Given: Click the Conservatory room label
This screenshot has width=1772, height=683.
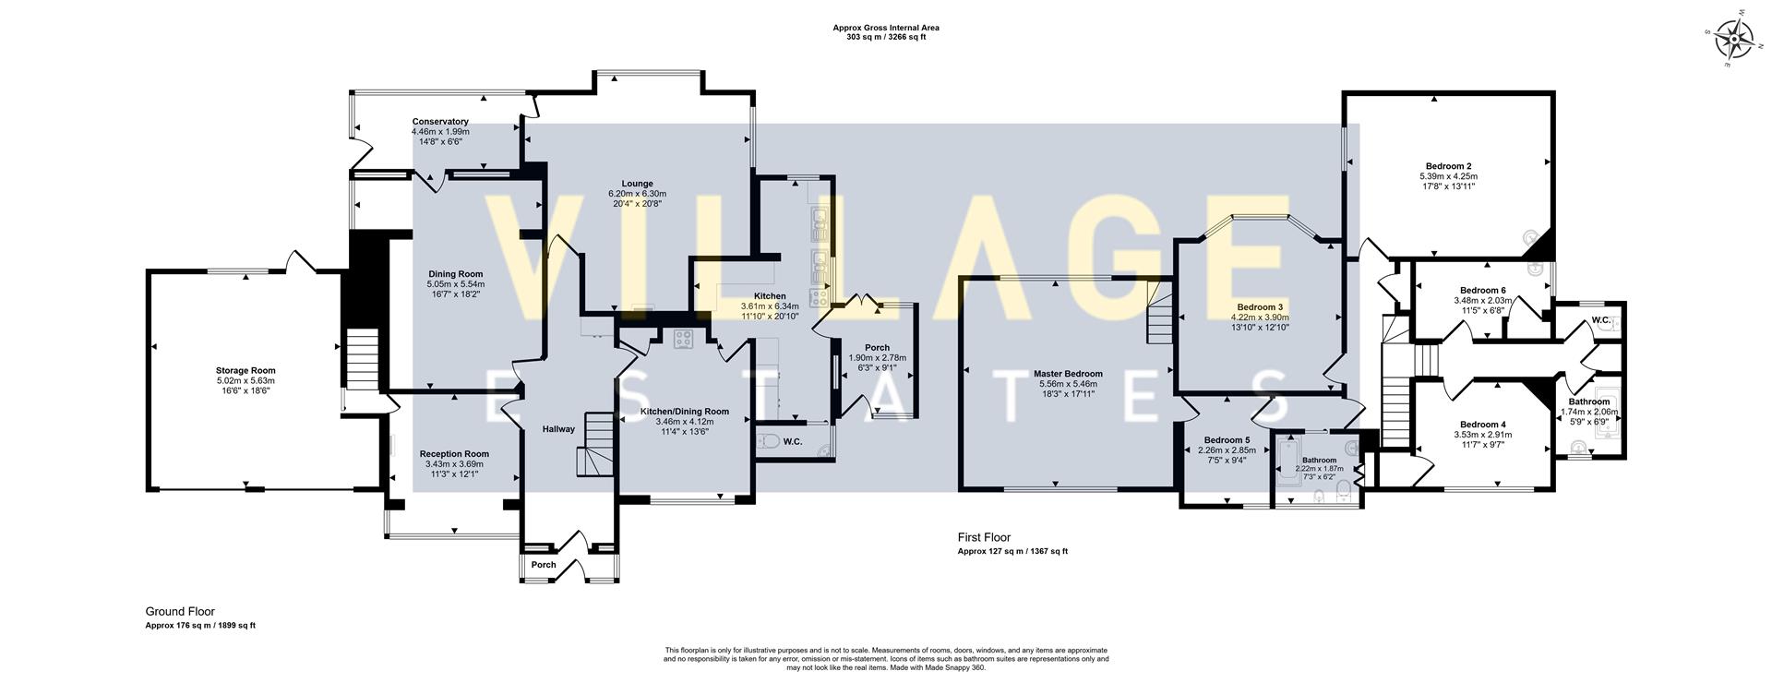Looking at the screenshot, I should coord(440,122).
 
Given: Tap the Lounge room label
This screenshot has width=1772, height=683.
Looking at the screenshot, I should coord(637,184).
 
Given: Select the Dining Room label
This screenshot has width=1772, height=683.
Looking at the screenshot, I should coord(456,274).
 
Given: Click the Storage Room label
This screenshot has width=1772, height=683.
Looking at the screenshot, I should coord(245,371).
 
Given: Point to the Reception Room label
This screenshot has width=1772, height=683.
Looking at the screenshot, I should coord(454,454).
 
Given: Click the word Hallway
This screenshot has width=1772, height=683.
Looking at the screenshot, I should coord(558,429).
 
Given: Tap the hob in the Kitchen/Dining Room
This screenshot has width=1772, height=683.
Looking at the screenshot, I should coord(684,339).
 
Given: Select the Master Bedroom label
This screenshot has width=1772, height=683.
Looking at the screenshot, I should coord(1068,374).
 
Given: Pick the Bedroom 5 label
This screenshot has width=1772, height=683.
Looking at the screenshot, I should coord(1227,440).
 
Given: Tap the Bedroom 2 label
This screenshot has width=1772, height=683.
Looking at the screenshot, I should coord(1448,166).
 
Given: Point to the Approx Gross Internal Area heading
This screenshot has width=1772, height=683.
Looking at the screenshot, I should coord(885,28).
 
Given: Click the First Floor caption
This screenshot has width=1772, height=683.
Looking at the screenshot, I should coord(984,537).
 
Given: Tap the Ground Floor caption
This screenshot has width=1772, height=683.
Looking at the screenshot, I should coord(180,611).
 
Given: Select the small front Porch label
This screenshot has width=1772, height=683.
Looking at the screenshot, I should coord(544,565).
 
